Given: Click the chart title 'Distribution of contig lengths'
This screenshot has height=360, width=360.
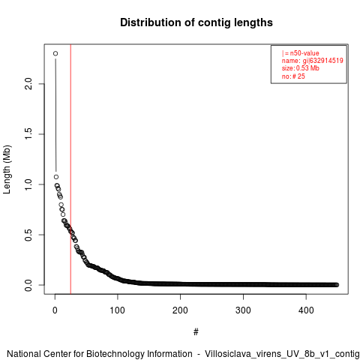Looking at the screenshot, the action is [196, 22].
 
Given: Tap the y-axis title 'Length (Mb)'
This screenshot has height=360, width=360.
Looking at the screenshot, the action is [7, 169].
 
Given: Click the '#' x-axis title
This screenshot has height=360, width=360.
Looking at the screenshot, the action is [196, 331].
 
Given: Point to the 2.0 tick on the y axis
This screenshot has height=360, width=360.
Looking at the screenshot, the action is [28, 84].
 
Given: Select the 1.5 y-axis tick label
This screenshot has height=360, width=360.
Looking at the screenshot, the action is [28, 134].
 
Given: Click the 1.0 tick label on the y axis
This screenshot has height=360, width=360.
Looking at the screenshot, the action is [28, 184].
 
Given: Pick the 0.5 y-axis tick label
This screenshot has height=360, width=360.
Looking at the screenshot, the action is [28, 235].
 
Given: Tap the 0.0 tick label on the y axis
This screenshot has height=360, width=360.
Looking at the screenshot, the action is [28, 285].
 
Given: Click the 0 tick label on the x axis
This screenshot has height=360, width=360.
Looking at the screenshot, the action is [55, 310].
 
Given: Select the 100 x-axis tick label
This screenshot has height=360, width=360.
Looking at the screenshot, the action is [118, 310].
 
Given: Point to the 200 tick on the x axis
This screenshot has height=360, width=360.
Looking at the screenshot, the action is [180, 310].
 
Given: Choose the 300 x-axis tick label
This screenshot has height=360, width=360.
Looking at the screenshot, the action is [243, 310].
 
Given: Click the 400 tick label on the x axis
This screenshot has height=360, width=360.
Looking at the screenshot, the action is [306, 310].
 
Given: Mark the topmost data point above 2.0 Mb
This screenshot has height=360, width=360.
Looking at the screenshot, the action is [55, 53].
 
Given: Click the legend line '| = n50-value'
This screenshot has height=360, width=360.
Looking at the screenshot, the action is [301, 53].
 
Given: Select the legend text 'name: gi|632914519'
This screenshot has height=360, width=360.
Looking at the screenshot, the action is [313, 61].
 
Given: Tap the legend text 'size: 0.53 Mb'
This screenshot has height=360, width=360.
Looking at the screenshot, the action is [301, 68].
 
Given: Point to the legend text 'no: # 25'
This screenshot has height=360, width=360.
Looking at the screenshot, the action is [293, 76].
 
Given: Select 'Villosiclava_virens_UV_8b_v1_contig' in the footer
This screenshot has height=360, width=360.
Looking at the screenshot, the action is [282, 354].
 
